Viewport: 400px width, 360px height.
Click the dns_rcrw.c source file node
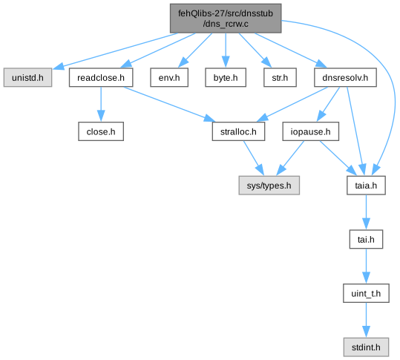coord(226,19)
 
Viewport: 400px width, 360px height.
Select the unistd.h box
coord(27,77)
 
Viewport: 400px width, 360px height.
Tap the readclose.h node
coord(101,77)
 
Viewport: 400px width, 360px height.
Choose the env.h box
coord(169,77)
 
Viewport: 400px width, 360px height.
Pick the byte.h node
coord(226,77)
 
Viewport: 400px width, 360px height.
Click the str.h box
coord(280,77)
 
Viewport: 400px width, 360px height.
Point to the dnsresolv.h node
coord(345,77)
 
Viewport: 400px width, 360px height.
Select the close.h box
coord(101,131)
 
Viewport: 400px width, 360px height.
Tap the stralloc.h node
coord(238,131)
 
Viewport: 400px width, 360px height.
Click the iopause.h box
coord(310,131)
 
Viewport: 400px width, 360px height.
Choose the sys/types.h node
coord(269,186)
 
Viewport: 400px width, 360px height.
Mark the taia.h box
coord(366,186)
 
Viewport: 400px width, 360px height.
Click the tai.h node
coord(366,239)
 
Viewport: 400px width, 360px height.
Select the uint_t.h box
coord(366,293)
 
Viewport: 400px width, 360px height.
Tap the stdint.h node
coord(366,347)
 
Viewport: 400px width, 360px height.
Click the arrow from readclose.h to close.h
coord(101,104)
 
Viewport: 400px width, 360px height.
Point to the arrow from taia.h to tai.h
coord(366,212)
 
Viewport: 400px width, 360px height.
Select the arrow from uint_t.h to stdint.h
coord(366,320)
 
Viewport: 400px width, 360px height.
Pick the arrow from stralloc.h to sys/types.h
coord(254,158)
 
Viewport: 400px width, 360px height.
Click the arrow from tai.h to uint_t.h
coord(366,266)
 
